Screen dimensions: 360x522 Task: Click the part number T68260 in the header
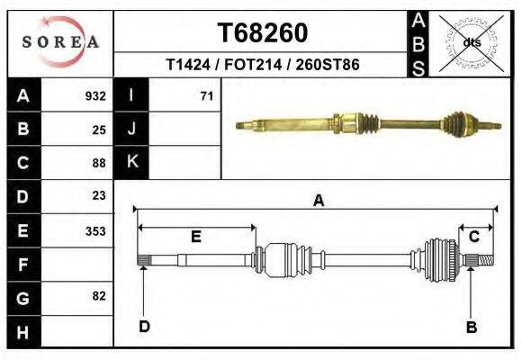[263, 33]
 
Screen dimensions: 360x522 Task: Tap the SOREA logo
[59, 41]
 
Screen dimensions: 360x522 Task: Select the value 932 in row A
[95, 95]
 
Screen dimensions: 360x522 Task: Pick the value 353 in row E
[95, 231]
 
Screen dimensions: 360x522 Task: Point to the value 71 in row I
[206, 95]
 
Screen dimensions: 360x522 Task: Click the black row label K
[131, 162]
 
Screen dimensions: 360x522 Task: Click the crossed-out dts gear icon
[471, 42]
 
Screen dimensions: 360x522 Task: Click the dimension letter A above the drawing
[318, 202]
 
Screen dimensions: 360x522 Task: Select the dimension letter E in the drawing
[195, 237]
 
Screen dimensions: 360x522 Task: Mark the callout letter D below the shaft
[144, 326]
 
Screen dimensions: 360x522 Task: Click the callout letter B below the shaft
[471, 328]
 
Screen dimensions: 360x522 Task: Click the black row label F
[22, 265]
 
